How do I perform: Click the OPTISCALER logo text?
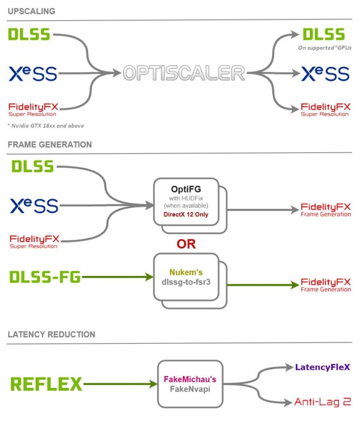tap(184, 73)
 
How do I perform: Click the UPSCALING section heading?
tap(31, 11)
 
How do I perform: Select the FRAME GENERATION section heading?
tap(49, 144)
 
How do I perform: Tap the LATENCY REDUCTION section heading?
tap(51, 334)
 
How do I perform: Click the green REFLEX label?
tap(46, 384)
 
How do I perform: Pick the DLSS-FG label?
tap(45, 277)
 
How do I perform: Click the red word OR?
tap(186, 244)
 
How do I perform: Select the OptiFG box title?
tap(186, 189)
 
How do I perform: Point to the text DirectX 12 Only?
tap(186, 214)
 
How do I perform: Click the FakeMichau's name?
tap(190, 379)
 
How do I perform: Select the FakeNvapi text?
tap(190, 389)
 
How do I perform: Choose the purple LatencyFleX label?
tap(322, 367)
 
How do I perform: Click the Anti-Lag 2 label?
tap(322, 401)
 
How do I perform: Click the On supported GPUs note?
tap(324, 48)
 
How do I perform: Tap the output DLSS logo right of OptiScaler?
tap(323, 34)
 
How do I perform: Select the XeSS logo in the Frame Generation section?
tap(35, 206)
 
